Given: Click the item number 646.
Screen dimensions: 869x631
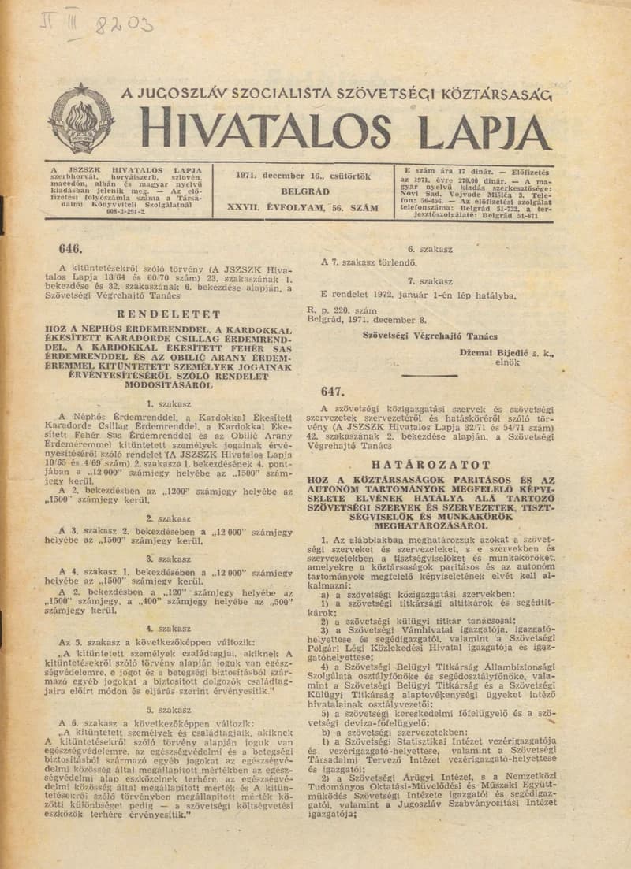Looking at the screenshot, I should point(70,248).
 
